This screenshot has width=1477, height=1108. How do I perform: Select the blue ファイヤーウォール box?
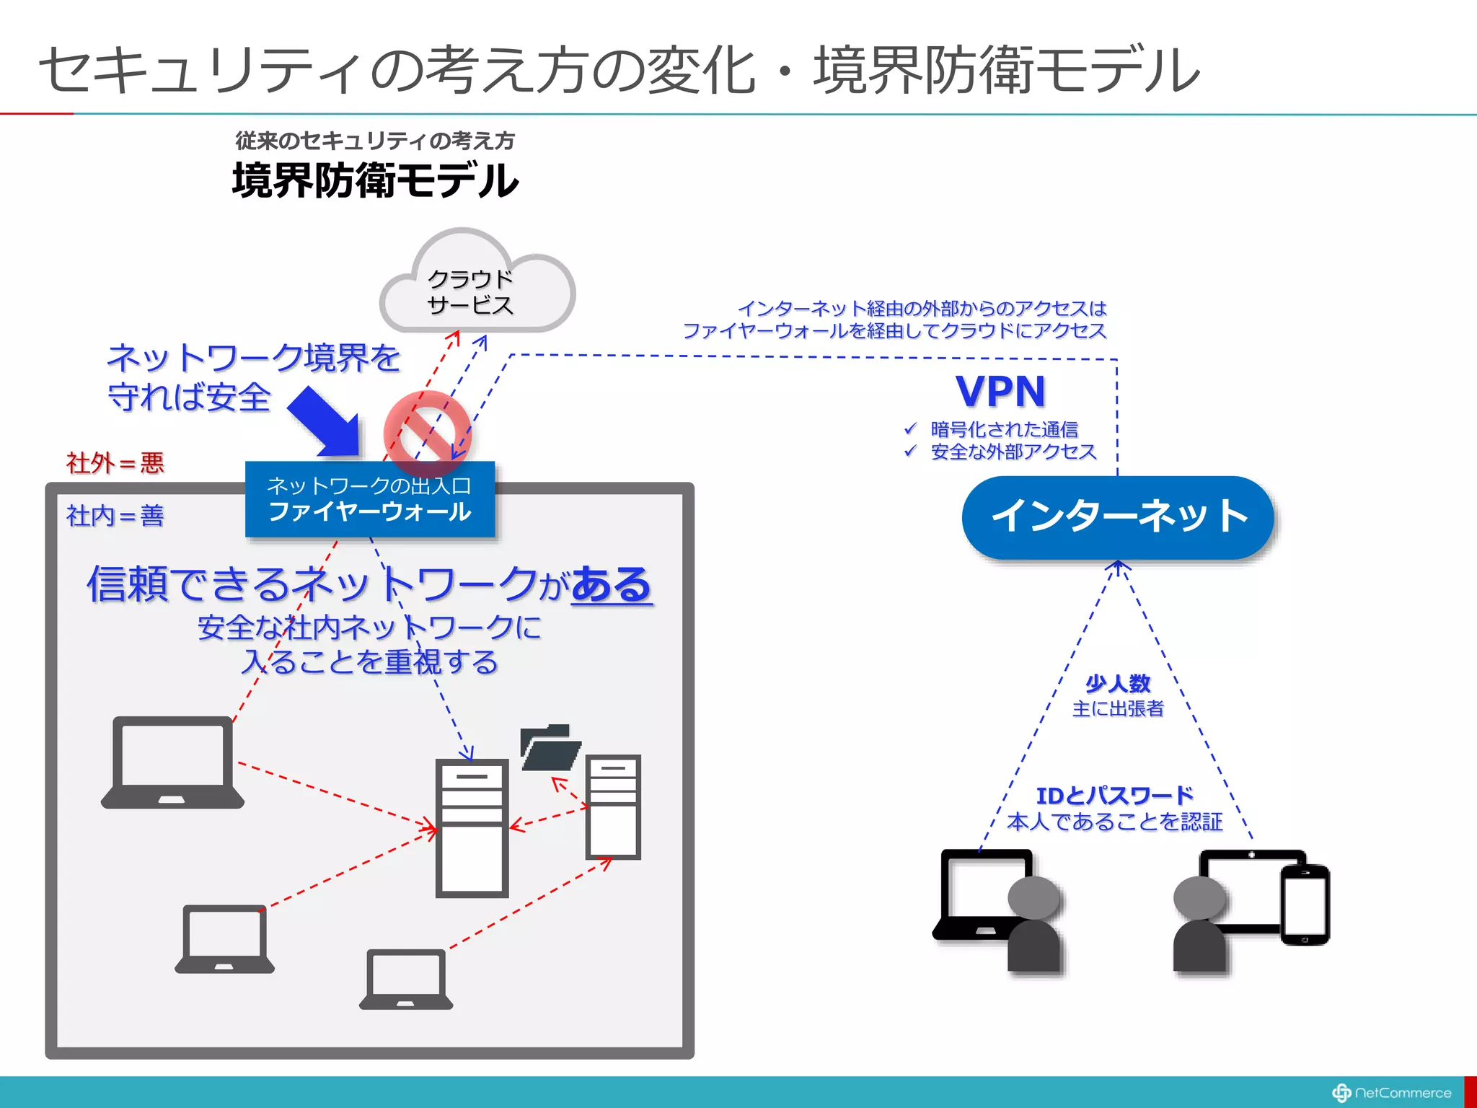point(370,499)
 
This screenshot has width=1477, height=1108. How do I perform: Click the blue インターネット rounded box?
point(1118,516)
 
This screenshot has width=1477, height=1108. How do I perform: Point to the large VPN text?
point(1001,392)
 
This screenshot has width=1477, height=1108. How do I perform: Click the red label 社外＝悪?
point(115,462)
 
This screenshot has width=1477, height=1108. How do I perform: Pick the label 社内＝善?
point(115,516)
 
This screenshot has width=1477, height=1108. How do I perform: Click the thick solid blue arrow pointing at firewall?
point(325,422)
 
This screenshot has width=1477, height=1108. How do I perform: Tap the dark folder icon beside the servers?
point(550,747)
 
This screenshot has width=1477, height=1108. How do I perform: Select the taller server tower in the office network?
point(472,827)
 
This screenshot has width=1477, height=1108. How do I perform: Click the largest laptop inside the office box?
point(172,762)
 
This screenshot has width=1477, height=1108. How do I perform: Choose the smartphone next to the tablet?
point(1305,904)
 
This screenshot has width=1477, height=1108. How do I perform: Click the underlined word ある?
point(612,584)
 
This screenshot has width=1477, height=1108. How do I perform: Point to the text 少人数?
point(1118,683)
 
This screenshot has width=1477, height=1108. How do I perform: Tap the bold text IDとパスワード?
point(1115,796)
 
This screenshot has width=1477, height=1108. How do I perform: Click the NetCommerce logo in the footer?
point(1392,1093)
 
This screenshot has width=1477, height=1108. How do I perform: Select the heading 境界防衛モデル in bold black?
point(375,180)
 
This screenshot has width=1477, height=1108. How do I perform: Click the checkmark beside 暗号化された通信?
point(910,429)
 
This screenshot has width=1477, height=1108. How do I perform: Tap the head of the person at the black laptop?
point(1033,898)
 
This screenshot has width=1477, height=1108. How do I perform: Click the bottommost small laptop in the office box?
point(406,979)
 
